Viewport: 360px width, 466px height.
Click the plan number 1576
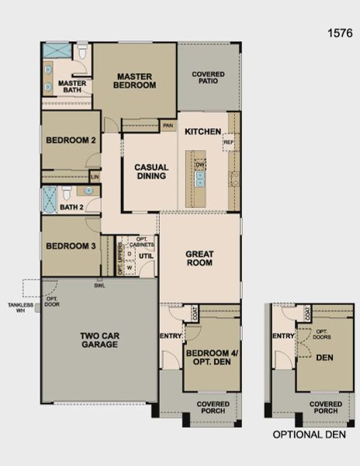point(340,33)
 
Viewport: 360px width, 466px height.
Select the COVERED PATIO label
point(209,78)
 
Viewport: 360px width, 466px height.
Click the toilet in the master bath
point(82,53)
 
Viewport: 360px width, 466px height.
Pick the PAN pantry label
point(168,124)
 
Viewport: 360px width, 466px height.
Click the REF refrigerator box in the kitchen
point(228,143)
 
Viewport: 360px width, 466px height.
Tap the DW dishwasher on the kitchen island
point(200,165)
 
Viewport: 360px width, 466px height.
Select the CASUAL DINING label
point(151,171)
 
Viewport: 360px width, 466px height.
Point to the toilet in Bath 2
point(67,193)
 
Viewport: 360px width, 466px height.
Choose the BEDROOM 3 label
point(71,246)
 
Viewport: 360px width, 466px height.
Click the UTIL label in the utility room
point(146,255)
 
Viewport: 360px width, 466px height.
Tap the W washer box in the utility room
point(130,268)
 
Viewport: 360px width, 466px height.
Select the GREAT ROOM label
point(200,259)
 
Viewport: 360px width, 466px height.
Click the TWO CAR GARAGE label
point(99,339)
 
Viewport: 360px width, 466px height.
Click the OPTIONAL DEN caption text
point(308,436)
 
